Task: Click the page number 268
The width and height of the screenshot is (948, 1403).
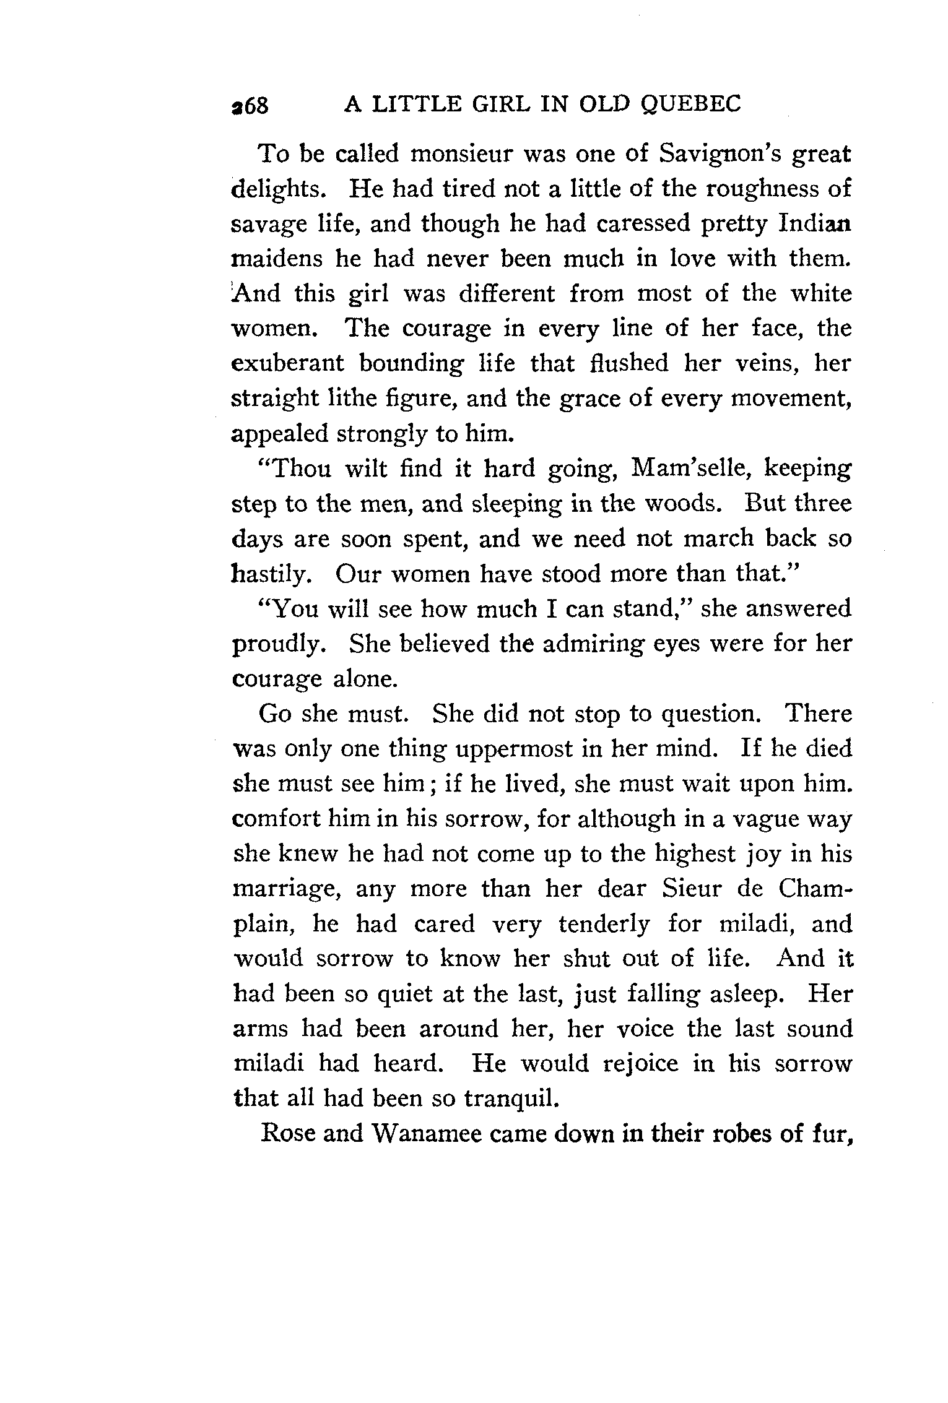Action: click(x=250, y=106)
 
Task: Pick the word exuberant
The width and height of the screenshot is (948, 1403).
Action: click(x=287, y=363)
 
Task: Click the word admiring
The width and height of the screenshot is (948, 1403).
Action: click(x=583, y=644)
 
